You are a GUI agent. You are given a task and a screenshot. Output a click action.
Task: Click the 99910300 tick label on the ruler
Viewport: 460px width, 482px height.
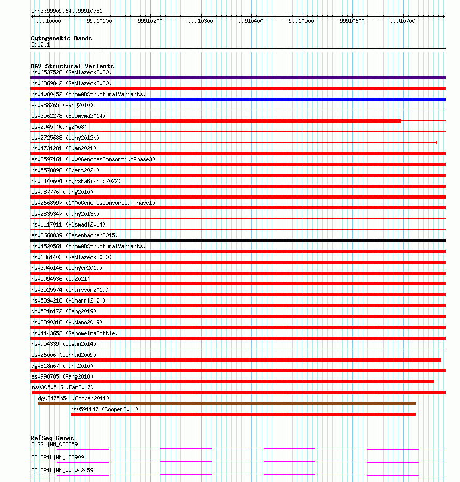201,21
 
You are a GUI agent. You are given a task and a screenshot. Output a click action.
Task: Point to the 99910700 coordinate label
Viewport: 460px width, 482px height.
403,21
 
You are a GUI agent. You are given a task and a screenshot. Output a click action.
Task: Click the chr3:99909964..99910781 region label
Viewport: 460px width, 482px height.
67,11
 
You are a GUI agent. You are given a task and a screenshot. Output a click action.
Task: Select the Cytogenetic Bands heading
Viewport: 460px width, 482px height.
61,38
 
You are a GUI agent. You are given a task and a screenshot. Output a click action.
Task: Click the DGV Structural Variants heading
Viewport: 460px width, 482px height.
72,66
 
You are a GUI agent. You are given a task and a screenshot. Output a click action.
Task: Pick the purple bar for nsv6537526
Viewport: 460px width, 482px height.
238,78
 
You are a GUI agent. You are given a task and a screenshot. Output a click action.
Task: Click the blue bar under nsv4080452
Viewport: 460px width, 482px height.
238,99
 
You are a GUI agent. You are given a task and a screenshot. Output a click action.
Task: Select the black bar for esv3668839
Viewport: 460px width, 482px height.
238,240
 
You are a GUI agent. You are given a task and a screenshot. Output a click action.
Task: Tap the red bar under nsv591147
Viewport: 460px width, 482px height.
243,414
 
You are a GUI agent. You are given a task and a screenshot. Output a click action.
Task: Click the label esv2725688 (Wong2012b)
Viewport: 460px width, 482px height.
65,138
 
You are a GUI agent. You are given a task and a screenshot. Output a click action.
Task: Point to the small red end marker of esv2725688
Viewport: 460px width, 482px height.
437,143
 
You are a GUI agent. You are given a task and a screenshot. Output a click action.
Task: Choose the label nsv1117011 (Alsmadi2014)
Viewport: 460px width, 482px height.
68,224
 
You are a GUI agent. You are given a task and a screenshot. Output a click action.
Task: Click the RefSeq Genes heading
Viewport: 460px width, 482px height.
52,439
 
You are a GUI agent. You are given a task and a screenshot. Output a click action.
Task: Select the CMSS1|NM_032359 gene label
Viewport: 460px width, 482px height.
54,444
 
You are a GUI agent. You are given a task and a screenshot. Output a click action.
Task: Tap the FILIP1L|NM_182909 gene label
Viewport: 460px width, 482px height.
57,457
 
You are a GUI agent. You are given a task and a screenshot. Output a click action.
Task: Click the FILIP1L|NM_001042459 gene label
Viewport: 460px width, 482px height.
62,470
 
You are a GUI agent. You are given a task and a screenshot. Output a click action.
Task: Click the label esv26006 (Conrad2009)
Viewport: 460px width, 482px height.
64,355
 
